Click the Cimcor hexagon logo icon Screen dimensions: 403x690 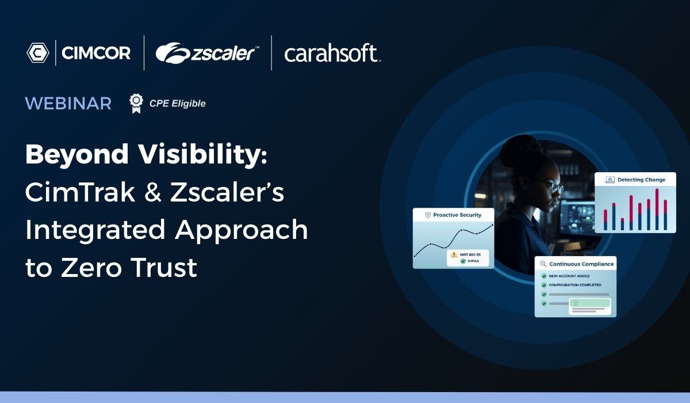[x=37, y=53]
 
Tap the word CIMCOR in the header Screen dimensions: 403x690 [x=96, y=54]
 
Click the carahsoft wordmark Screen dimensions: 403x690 [x=331, y=54]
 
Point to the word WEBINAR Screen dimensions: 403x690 [x=68, y=104]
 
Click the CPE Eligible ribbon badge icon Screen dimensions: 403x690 [x=136, y=103]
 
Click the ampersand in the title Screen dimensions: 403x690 [x=152, y=192]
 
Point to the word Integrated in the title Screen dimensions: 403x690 [x=95, y=230]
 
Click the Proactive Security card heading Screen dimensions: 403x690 [x=457, y=215]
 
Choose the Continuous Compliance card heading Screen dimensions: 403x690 [x=581, y=264]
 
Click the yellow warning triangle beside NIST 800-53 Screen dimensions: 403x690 [x=454, y=254]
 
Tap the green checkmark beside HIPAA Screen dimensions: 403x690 [x=463, y=261]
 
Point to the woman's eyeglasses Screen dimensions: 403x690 [x=553, y=188]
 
